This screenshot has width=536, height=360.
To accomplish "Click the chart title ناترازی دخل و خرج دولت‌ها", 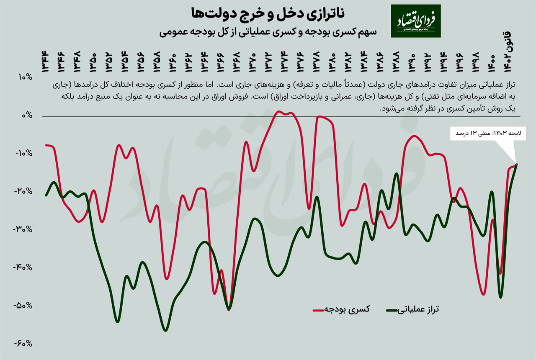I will [268, 14].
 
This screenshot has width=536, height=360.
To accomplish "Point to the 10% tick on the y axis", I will [24, 77].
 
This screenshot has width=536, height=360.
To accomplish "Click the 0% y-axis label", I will [26, 115].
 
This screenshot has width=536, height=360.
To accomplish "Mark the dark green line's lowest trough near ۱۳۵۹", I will [165, 331].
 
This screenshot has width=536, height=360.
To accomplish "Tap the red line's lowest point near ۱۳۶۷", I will [229, 310].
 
